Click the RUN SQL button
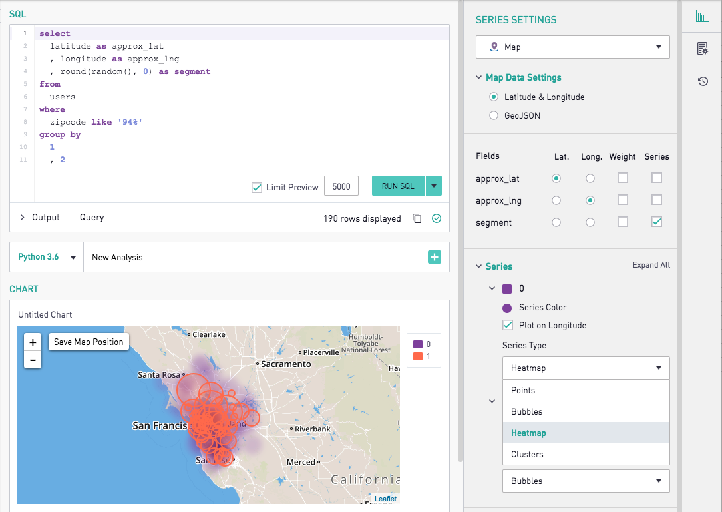click(x=398, y=186)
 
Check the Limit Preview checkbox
click(x=257, y=188)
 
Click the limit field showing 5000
click(x=341, y=186)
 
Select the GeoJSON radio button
click(x=494, y=115)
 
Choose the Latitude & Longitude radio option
click(x=494, y=97)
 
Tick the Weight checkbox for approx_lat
click(x=623, y=178)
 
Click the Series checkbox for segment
click(x=657, y=222)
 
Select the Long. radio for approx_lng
click(x=590, y=200)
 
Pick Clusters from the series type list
click(x=527, y=454)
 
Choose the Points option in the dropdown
click(x=523, y=390)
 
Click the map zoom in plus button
click(x=32, y=342)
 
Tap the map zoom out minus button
click(x=32, y=360)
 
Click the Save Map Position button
click(x=89, y=342)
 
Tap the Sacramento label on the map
click(x=286, y=364)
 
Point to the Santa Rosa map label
click(x=159, y=375)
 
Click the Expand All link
click(x=651, y=265)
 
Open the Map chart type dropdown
click(x=572, y=47)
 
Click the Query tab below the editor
click(x=92, y=217)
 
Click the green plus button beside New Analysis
click(x=435, y=257)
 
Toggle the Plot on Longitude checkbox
click(x=508, y=326)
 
